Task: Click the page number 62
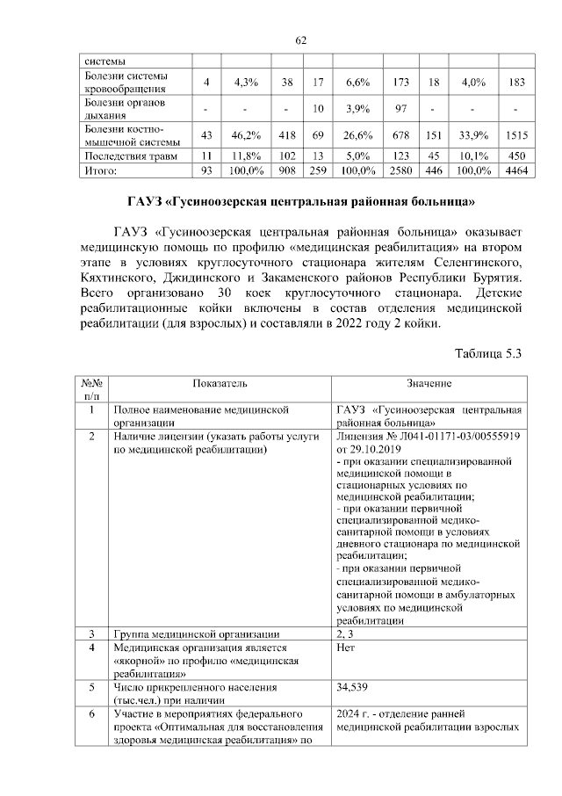click(x=300, y=40)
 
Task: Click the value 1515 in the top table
click(x=516, y=135)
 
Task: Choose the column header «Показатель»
click(x=220, y=384)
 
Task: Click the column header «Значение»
click(x=429, y=384)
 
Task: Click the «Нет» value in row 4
click(x=345, y=648)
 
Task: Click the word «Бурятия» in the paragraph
click(x=495, y=277)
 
